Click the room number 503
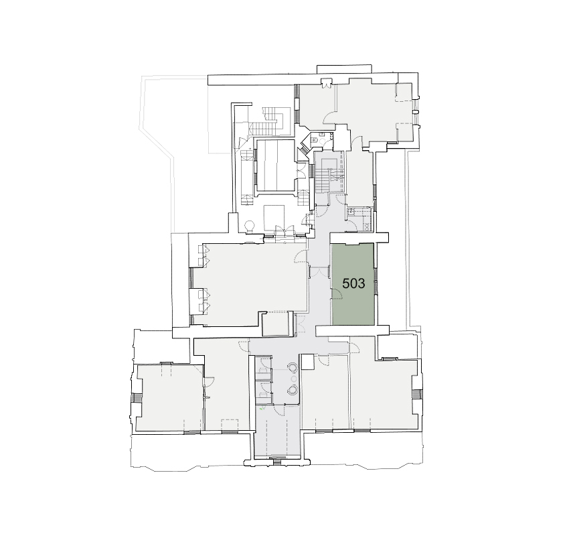(353, 283)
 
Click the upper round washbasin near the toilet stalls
(292, 368)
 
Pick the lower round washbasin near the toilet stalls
(292, 390)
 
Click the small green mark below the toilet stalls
(262, 409)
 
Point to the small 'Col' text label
(208, 397)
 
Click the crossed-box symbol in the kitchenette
(365, 226)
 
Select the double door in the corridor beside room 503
(319, 272)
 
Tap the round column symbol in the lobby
(250, 226)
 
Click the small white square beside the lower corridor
(307, 362)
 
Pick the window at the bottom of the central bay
(277, 462)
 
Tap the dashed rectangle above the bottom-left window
(230, 425)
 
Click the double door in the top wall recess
(327, 84)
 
